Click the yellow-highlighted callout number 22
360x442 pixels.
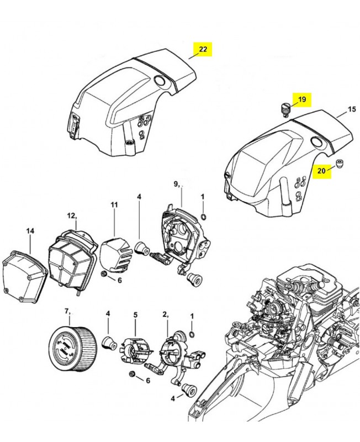[x=203, y=49]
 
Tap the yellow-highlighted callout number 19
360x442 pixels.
[x=301, y=99]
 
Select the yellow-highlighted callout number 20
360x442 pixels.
[x=321, y=171]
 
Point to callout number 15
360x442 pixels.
[x=352, y=110]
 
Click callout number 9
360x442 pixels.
[x=176, y=184]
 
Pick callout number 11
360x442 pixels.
[x=114, y=205]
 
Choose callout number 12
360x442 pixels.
[x=71, y=216]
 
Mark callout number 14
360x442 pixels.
[x=30, y=230]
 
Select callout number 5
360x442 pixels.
[x=135, y=315]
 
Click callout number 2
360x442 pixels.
[x=165, y=314]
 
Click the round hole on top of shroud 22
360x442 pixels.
[x=161, y=81]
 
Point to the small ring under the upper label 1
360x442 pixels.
[x=203, y=217]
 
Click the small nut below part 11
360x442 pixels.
[x=103, y=275]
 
